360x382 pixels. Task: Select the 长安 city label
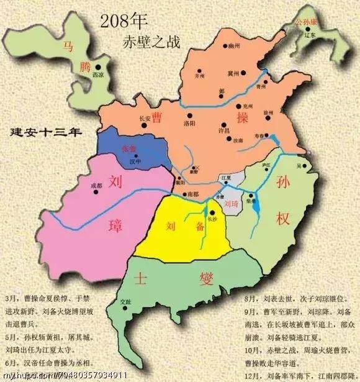coord(144,117)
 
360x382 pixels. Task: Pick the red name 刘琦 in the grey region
coord(230,203)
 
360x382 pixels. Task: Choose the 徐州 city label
coord(269,112)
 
